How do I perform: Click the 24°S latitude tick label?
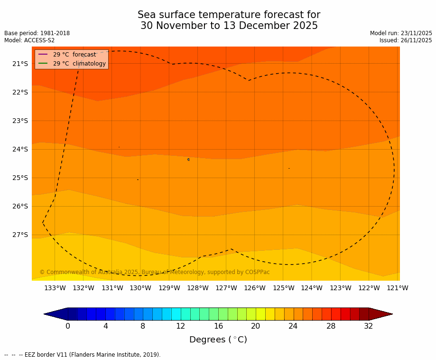(20, 149)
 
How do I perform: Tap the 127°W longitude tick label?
(226, 288)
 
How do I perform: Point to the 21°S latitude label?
(20, 64)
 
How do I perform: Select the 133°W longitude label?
(55, 288)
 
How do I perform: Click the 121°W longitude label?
(398, 288)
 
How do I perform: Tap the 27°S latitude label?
(20, 235)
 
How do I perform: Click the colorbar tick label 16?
(218, 326)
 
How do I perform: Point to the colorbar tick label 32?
(369, 326)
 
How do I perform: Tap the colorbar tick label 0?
(68, 326)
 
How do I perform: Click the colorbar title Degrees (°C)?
(218, 340)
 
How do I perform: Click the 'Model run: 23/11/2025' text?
(401, 33)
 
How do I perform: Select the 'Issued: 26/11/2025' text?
(406, 40)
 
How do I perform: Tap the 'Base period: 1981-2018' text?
(37, 33)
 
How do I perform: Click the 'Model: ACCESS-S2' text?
(29, 40)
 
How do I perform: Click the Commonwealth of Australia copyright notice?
(155, 272)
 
